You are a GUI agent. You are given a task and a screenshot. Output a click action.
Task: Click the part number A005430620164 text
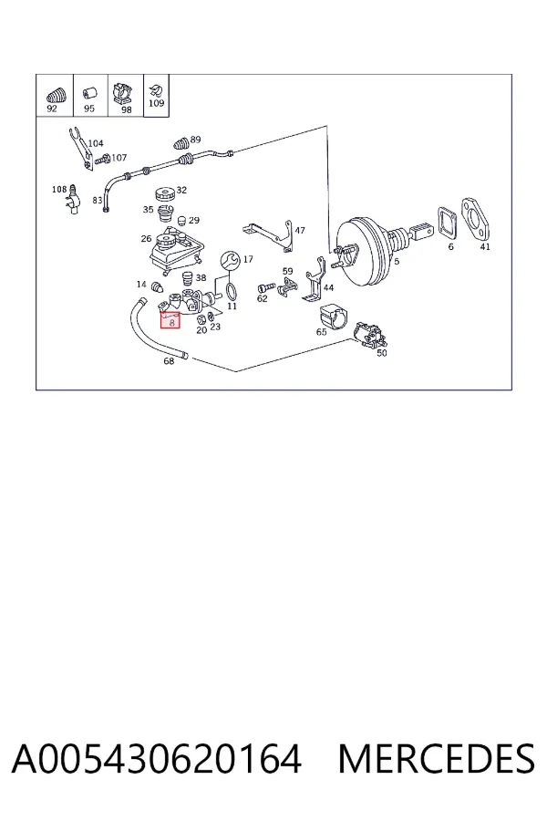point(157,759)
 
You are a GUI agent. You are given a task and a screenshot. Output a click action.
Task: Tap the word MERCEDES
point(437,759)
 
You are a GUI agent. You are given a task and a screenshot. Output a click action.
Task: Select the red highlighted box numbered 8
point(170,319)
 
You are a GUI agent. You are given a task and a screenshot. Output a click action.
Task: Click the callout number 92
point(52,109)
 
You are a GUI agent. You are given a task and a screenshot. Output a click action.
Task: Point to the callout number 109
point(157,103)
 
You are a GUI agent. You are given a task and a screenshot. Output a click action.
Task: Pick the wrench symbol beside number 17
point(230,260)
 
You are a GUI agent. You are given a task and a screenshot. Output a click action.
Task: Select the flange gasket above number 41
point(477,218)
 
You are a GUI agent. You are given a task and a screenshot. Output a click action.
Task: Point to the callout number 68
point(169,360)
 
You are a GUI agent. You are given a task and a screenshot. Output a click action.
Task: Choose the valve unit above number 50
point(371,336)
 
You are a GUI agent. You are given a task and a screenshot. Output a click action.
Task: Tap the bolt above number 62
point(266,287)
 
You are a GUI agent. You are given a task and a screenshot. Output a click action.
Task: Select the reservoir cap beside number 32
point(165,195)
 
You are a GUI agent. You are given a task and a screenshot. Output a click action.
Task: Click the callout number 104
point(96,143)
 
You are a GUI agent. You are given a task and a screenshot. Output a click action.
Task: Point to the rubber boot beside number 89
point(181,144)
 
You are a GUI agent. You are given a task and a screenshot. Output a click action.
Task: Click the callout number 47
point(300,231)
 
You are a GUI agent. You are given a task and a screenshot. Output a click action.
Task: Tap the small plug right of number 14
point(157,287)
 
